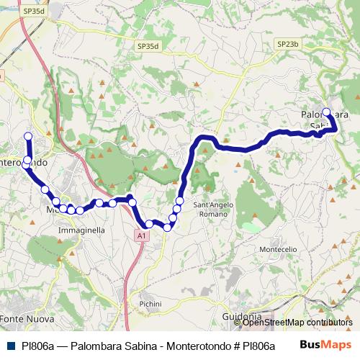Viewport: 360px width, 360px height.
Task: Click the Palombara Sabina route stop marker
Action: click(x=326, y=112)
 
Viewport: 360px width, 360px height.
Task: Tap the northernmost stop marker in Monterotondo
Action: click(x=28, y=136)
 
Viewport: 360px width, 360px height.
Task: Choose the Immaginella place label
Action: click(x=81, y=230)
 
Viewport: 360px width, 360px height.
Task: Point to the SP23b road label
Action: click(x=287, y=44)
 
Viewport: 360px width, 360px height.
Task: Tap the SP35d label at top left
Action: click(x=32, y=11)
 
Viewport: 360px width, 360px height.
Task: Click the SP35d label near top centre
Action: click(x=147, y=46)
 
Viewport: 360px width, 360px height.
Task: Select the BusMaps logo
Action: click(x=325, y=345)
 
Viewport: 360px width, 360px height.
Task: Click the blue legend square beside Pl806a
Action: click(x=10, y=346)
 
